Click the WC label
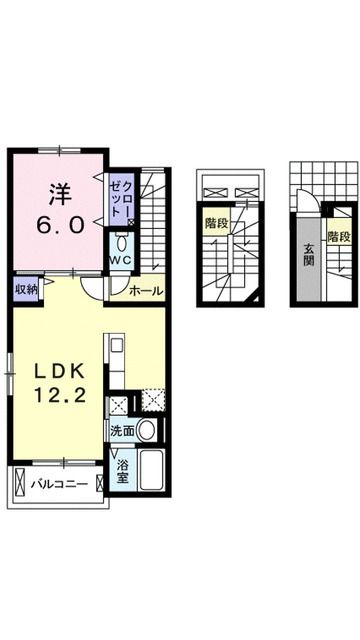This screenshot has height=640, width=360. pyautogui.click(x=121, y=261)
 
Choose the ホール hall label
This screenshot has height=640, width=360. pyautogui.click(x=146, y=290)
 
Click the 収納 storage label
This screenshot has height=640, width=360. pyautogui.click(x=25, y=289)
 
